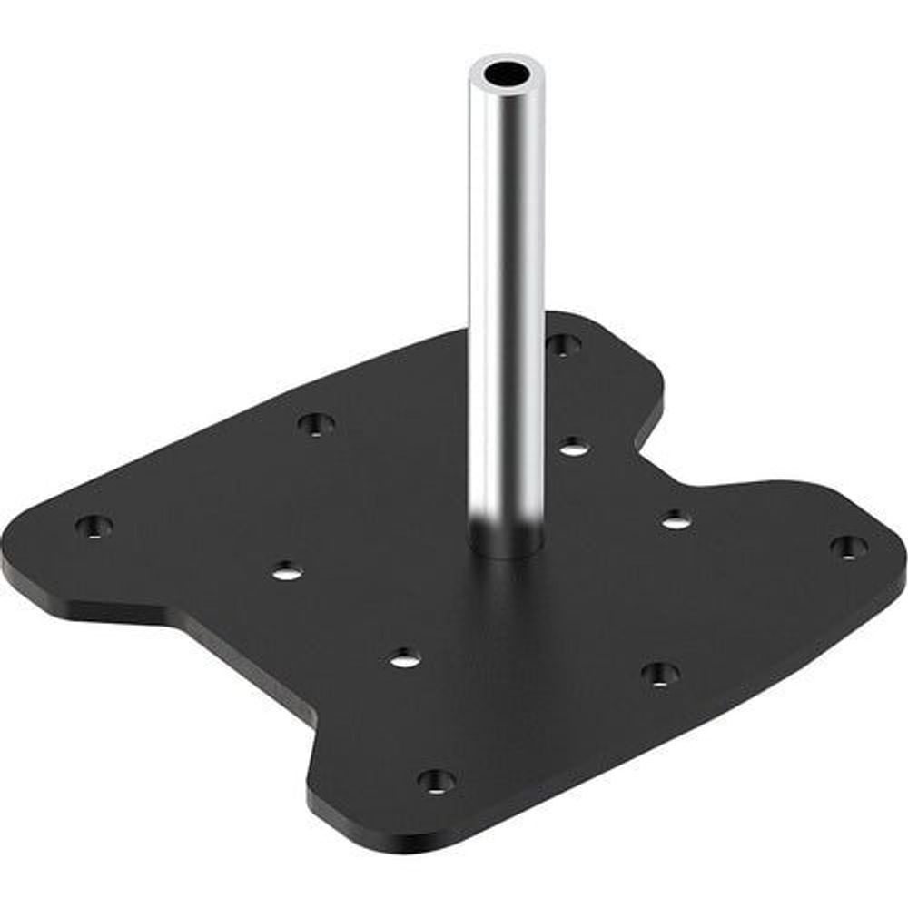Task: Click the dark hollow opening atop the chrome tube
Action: pos(508,73)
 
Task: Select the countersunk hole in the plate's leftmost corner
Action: pos(94,526)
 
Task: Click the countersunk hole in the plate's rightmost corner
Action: pos(848,547)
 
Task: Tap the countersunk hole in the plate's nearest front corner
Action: pos(437,779)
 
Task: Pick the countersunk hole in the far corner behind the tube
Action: pos(563,344)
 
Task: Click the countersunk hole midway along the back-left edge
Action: pos(316,423)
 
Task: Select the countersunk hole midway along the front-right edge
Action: pos(660,674)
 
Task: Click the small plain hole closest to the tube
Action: pos(573,446)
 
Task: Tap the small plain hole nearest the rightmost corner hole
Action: pos(674,520)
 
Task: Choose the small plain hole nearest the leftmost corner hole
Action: pos(287,571)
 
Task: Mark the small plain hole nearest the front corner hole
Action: pos(406,658)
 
